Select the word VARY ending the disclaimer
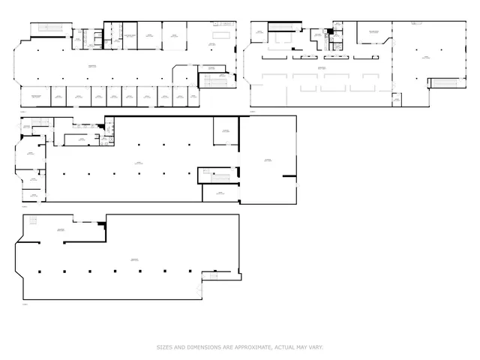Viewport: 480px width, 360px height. point(315,347)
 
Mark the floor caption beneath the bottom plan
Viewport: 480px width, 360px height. point(24,304)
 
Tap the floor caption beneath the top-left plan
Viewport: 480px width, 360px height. point(23,111)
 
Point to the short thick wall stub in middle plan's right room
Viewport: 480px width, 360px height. point(287,176)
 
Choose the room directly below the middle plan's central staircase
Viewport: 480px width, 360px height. point(220,193)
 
